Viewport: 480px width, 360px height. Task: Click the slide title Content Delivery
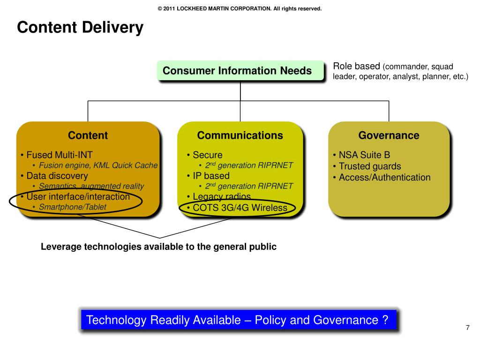point(80,28)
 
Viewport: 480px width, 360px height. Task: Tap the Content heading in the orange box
point(88,136)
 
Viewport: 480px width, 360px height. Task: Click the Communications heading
point(240,136)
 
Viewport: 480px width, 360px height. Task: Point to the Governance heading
point(389,136)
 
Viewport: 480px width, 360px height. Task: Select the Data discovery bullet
point(57,176)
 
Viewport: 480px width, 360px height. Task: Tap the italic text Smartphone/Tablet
point(72,207)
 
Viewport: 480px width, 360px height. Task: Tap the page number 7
point(467,328)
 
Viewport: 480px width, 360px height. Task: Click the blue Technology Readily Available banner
point(238,321)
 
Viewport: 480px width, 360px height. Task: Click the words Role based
point(356,66)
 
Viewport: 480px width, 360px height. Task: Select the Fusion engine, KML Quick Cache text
point(98,165)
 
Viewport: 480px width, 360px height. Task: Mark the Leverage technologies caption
point(159,247)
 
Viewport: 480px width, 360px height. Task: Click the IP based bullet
point(211,176)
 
